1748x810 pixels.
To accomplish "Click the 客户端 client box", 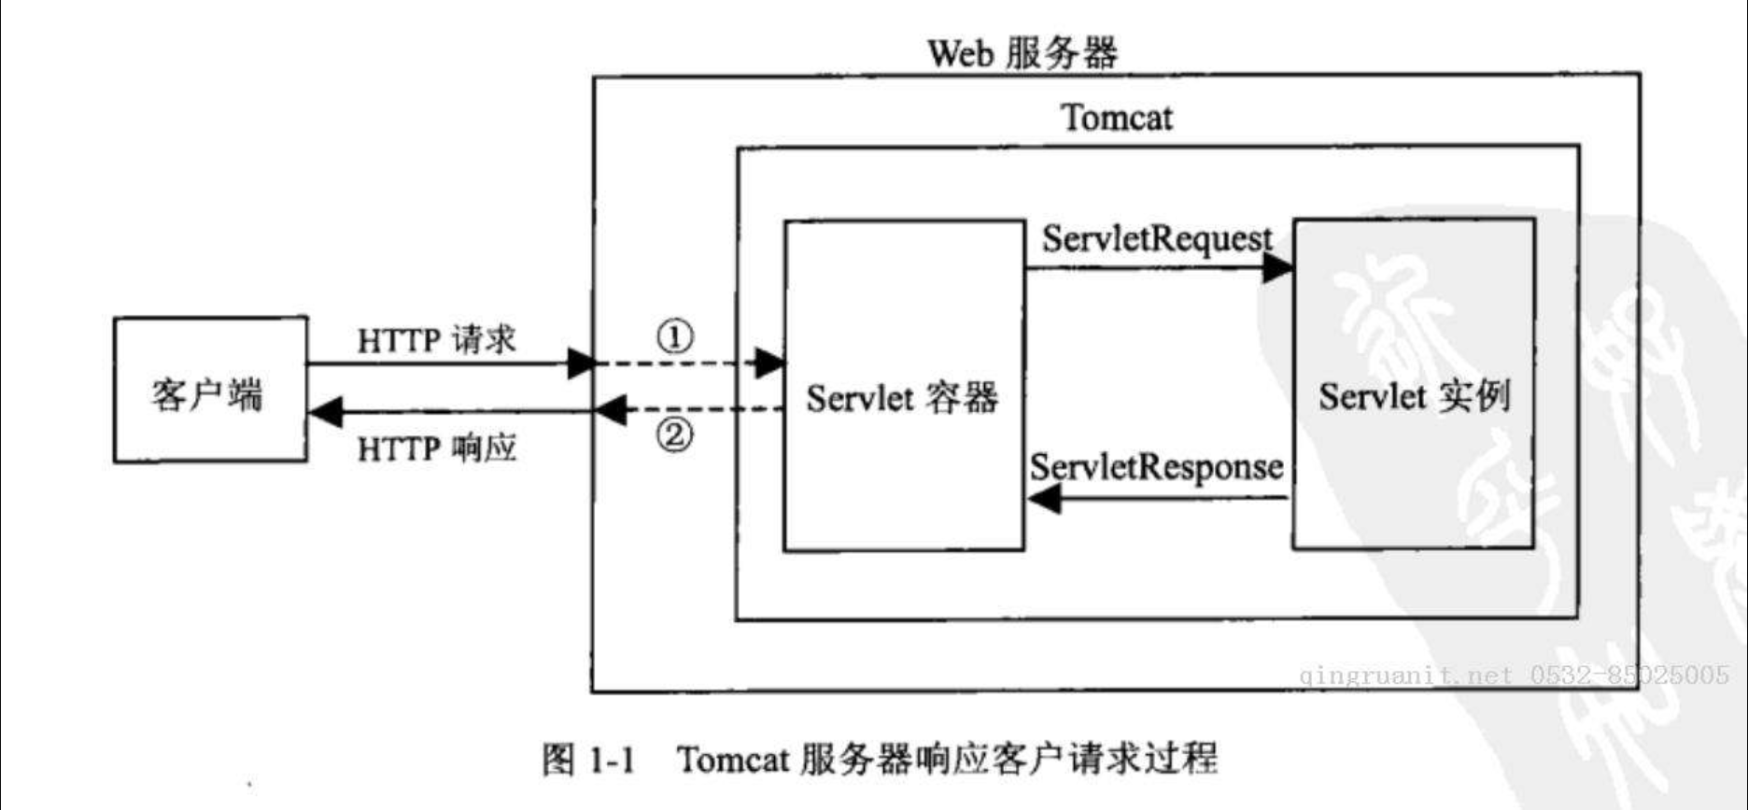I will pos(210,391).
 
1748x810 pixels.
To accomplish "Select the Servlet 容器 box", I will pos(903,386).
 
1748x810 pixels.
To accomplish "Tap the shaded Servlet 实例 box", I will pos(1414,384).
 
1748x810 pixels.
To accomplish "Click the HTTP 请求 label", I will pos(437,339).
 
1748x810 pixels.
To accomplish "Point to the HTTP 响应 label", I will pos(437,449).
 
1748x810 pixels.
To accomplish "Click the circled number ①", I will pos(675,336).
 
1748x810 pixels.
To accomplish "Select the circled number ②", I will pos(675,434).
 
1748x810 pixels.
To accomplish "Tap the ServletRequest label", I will pos(1157,239).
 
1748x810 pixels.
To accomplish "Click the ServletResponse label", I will pos(1156,467).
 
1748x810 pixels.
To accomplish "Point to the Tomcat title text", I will pos(1117,119).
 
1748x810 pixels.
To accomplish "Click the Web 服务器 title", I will pos(1022,53).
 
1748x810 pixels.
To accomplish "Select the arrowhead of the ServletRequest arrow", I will pos(1277,268).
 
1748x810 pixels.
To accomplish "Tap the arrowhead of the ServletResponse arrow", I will pos(1044,499).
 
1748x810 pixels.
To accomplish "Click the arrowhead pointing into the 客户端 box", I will pos(326,411).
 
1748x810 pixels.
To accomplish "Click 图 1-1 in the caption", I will pos(588,759).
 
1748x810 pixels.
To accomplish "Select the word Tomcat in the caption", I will pos(734,759).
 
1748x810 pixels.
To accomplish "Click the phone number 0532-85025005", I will pos(1629,674).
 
